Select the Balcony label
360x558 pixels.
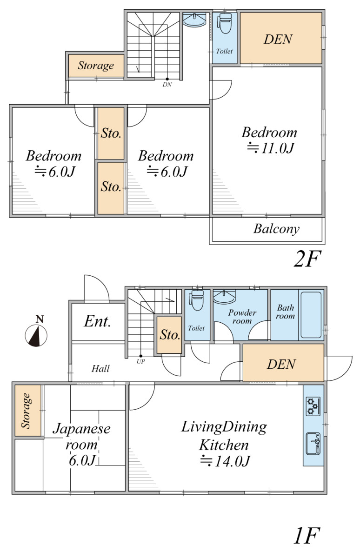277,229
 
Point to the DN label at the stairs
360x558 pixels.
167,85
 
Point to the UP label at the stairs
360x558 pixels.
141,361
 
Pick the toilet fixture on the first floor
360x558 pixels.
197,300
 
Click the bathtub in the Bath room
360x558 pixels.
311,315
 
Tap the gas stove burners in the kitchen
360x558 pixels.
313,406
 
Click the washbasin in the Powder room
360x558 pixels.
224,297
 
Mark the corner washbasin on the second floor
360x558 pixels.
194,20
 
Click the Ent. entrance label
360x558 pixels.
97,321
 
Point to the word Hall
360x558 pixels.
100,368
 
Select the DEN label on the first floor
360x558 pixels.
281,364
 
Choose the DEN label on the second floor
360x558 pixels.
278,39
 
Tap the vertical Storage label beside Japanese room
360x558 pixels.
26,411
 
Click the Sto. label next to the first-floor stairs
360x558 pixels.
170,334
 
